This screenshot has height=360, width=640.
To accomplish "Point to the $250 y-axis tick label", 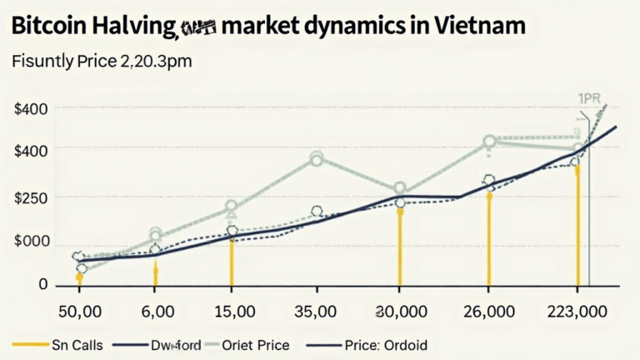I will point(32,198).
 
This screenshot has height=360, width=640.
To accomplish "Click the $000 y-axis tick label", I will point(32,242).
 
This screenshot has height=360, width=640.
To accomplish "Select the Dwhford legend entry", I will point(177,343).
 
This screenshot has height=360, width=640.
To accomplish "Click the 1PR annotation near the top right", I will point(591,98).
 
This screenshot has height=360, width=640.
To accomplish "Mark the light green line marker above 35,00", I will point(317,157).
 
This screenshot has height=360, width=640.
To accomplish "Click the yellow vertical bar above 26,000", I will point(489,237).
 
